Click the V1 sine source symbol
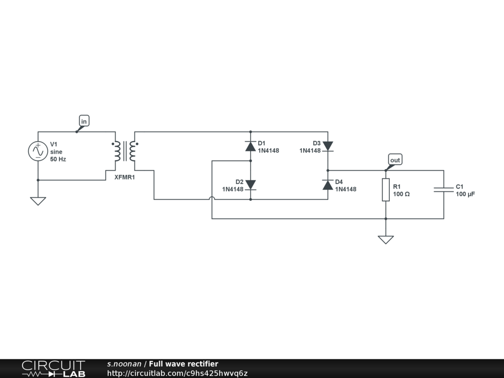click(38, 151)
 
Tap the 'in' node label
click(84, 121)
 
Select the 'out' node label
click(395, 160)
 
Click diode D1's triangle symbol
click(251, 146)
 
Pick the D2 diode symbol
click(251, 185)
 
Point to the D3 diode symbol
click(328, 146)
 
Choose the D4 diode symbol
click(328, 185)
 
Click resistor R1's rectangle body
click(385, 189)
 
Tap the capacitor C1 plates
click(443, 189)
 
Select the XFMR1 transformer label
click(125, 177)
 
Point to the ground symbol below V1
click(38, 201)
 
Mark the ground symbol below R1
click(385, 240)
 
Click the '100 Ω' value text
click(402, 194)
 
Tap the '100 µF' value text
click(466, 194)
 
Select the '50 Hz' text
click(58, 159)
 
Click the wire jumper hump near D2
click(212, 199)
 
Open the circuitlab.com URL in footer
click(177, 373)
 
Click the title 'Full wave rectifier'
click(184, 364)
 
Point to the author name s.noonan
click(124, 364)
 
